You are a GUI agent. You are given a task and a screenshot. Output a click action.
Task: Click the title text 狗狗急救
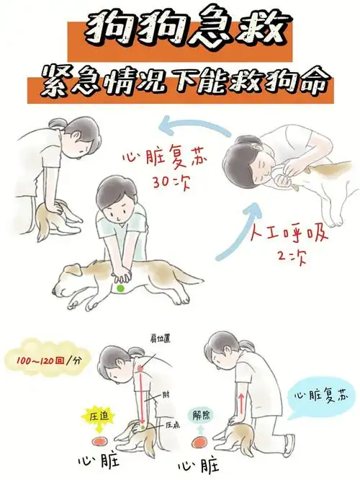180,30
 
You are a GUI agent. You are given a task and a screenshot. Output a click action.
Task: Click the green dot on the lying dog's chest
120,288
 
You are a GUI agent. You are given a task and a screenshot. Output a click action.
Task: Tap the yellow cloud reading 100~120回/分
40,359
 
